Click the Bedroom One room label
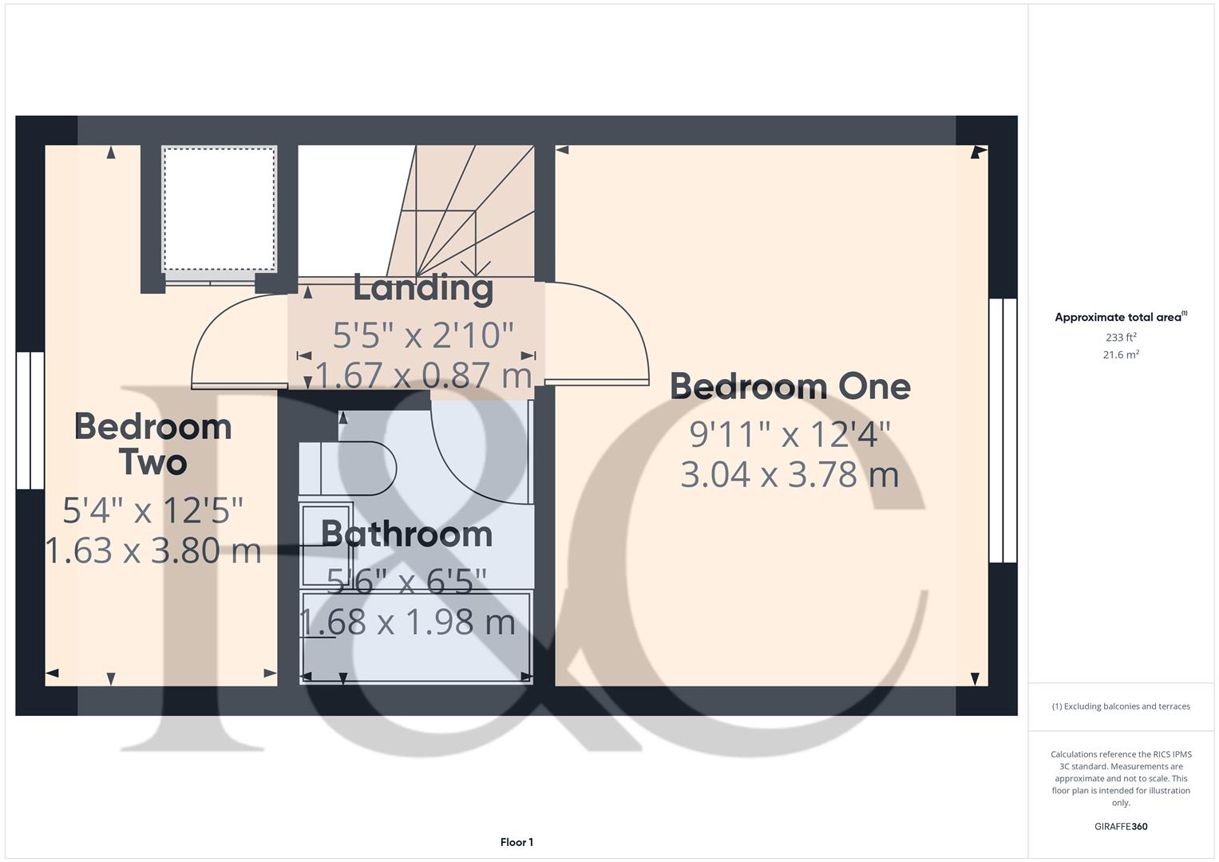point(790,387)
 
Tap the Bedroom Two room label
point(152,445)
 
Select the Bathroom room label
point(406,534)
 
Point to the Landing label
point(422,288)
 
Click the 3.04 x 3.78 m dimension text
point(790,475)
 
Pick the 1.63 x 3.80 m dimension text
point(153,551)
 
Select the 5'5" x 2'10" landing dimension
point(422,336)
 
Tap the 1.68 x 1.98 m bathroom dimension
point(407,623)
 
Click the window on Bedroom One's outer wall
point(1003,431)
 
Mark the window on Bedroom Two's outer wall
point(30,420)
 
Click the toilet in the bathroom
point(351,468)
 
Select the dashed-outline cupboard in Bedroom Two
point(220,209)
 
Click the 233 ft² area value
point(1120,338)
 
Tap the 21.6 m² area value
point(1120,355)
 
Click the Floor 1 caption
point(516,842)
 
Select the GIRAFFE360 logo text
point(1120,827)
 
